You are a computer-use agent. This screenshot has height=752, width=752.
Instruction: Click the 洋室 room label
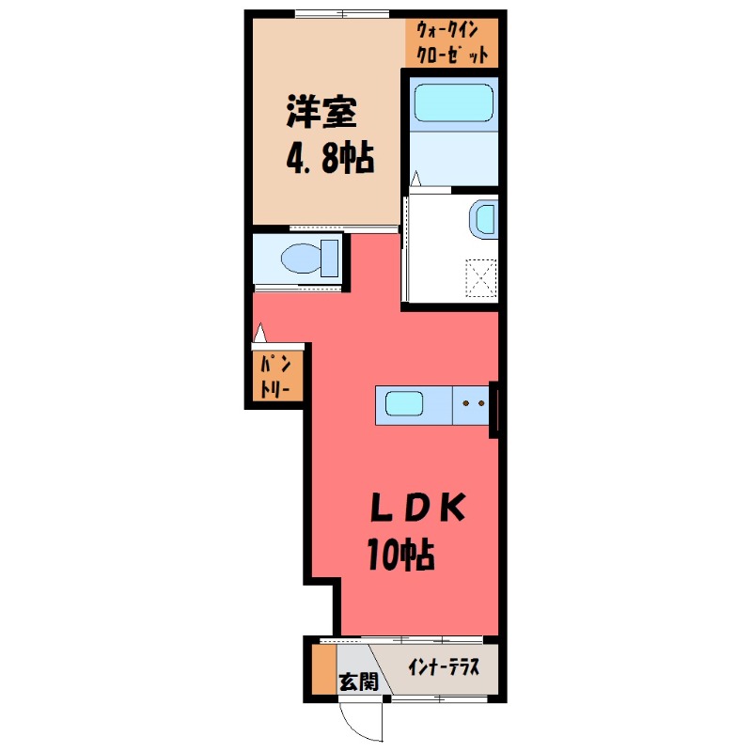pos(321,112)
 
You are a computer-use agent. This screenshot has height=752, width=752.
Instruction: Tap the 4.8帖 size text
pos(330,158)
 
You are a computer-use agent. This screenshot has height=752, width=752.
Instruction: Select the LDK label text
pos(418,508)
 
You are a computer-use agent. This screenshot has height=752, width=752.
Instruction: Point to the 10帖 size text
pos(401,555)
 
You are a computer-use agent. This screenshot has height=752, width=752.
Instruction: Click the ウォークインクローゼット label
pos(452,42)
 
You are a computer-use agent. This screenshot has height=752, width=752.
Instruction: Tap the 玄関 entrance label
pos(359,681)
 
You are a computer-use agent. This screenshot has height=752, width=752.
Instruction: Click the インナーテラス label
pos(444,667)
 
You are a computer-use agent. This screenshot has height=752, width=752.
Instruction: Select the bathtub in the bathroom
pos(454,103)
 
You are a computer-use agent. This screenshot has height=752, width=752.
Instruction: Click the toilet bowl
pos(301,258)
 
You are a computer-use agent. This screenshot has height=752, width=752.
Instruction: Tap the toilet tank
pos(330,258)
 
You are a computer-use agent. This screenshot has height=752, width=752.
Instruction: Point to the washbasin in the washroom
pos(484,220)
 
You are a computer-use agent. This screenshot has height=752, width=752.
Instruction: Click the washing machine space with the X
pos(481,278)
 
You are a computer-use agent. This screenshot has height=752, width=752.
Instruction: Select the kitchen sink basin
pos(404,404)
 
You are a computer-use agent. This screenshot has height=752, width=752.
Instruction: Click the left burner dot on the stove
pos(465,404)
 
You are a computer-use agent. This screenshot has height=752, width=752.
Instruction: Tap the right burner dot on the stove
pos(482,404)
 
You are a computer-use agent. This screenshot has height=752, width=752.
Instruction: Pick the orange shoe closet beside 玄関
pos(324,669)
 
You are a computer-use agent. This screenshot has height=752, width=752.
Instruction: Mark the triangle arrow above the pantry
pos(260,333)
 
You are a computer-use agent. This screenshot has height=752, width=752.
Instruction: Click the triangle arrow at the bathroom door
pos(415,179)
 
